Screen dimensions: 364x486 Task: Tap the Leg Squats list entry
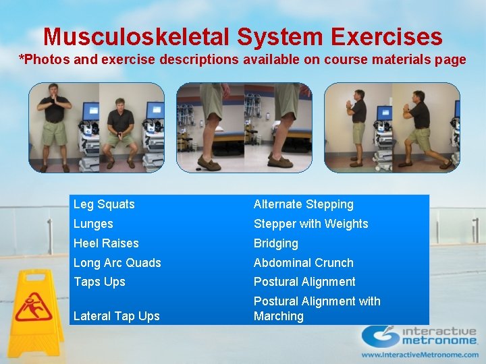point(104,204)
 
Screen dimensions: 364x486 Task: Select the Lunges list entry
point(93,224)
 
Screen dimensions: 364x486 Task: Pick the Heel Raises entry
point(106,243)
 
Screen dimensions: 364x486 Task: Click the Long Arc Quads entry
point(117,263)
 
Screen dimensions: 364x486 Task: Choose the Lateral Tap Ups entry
point(116,316)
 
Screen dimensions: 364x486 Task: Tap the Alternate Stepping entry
point(303,204)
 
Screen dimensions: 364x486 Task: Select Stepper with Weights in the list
point(310,224)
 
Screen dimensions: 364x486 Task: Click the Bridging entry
point(275,243)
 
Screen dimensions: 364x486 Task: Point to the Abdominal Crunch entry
point(303,263)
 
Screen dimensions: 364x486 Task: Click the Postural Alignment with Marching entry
point(317,309)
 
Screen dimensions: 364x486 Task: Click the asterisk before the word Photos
point(22,59)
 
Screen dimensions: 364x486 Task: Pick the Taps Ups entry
point(99,282)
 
